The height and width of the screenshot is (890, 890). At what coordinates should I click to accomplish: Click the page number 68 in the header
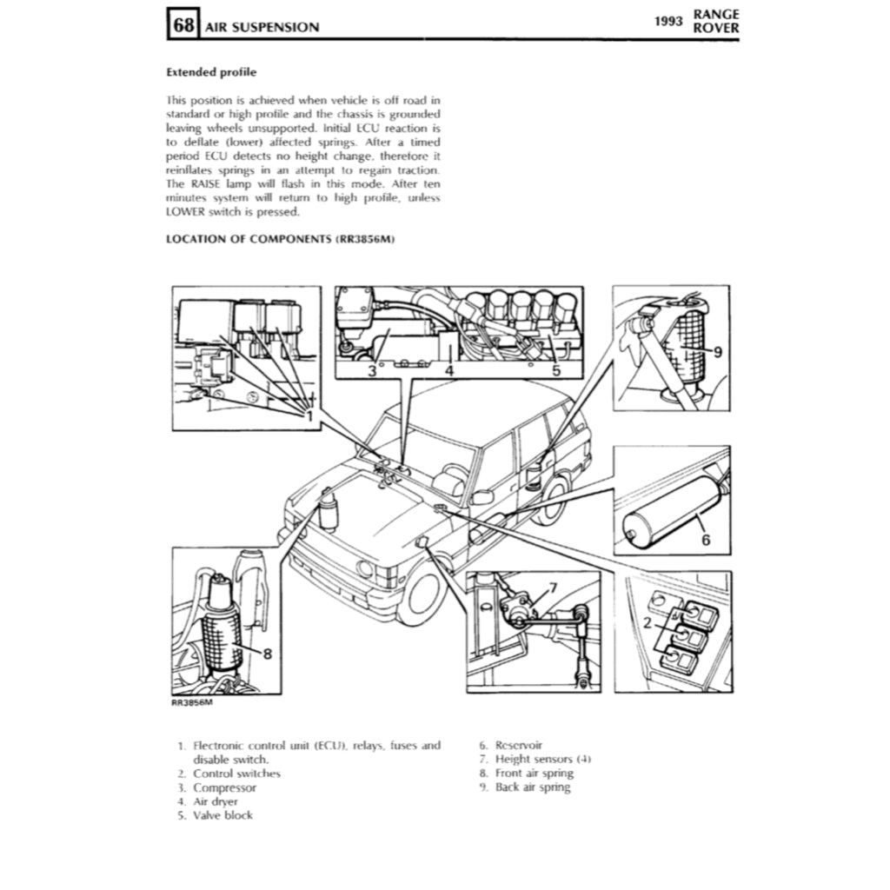click(183, 25)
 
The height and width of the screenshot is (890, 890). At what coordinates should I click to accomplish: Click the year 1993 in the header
click(670, 21)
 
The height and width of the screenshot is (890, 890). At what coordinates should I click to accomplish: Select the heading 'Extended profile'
click(210, 73)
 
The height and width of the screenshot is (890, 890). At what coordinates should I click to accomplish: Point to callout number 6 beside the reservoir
click(706, 540)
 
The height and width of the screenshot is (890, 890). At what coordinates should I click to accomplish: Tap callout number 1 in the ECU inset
click(308, 415)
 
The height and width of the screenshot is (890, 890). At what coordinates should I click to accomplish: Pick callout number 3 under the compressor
click(371, 371)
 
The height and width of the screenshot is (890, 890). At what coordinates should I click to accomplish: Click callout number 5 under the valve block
click(556, 371)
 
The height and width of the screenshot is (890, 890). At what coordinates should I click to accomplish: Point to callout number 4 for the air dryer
click(448, 371)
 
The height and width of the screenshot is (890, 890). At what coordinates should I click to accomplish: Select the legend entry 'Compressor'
click(224, 787)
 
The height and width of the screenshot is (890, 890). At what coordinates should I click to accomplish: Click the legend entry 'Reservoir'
click(518, 745)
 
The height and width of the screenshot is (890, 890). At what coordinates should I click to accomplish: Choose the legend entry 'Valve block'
click(222, 815)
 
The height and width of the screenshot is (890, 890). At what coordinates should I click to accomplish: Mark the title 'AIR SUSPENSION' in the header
click(262, 27)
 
